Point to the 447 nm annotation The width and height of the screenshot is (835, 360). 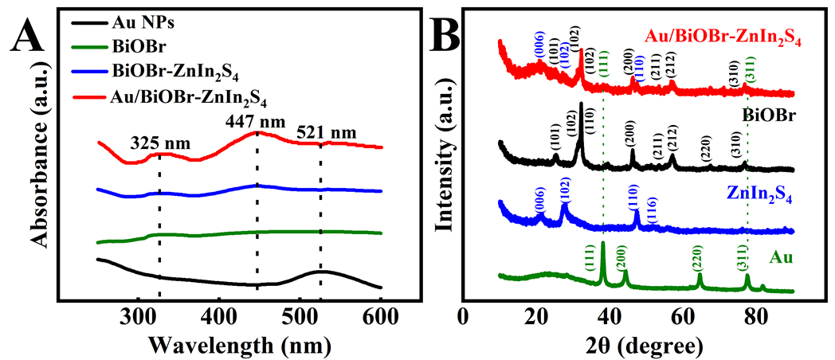(x=256, y=123)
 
